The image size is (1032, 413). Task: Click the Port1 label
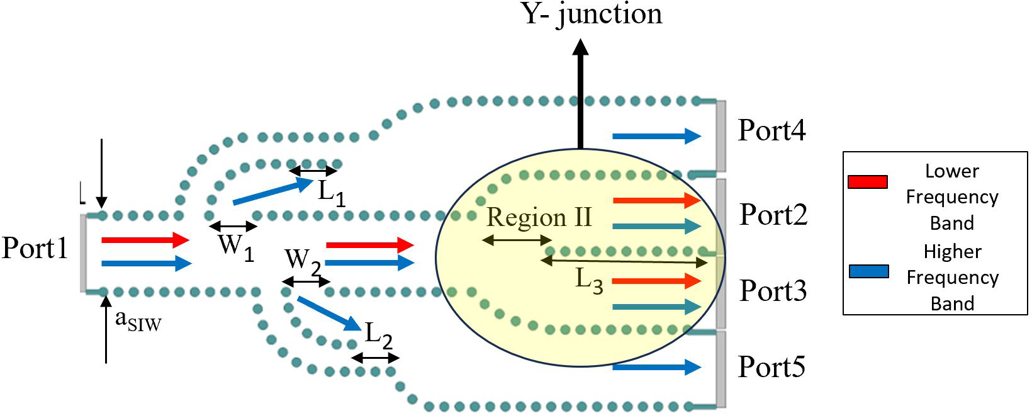[x=35, y=247]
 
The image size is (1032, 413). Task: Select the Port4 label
[x=772, y=130]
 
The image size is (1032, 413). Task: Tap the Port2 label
[x=773, y=214]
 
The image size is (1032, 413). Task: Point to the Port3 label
[x=773, y=290]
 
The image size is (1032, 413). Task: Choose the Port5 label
[x=771, y=366]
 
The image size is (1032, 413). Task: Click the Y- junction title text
[x=592, y=14]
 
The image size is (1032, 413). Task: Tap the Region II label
[x=539, y=217]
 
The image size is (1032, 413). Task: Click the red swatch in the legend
[x=868, y=182]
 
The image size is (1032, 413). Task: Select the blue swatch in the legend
[x=869, y=271]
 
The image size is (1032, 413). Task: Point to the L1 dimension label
[x=332, y=193]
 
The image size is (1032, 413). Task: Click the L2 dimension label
[x=378, y=336]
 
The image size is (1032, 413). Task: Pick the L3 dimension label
[x=589, y=281]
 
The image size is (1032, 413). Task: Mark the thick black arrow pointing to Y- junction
[x=580, y=94]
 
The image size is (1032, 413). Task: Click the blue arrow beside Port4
[x=657, y=136]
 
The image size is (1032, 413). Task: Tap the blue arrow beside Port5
[x=657, y=367]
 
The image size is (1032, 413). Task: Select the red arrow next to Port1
[x=145, y=240]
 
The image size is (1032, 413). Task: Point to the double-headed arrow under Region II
[x=517, y=240]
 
